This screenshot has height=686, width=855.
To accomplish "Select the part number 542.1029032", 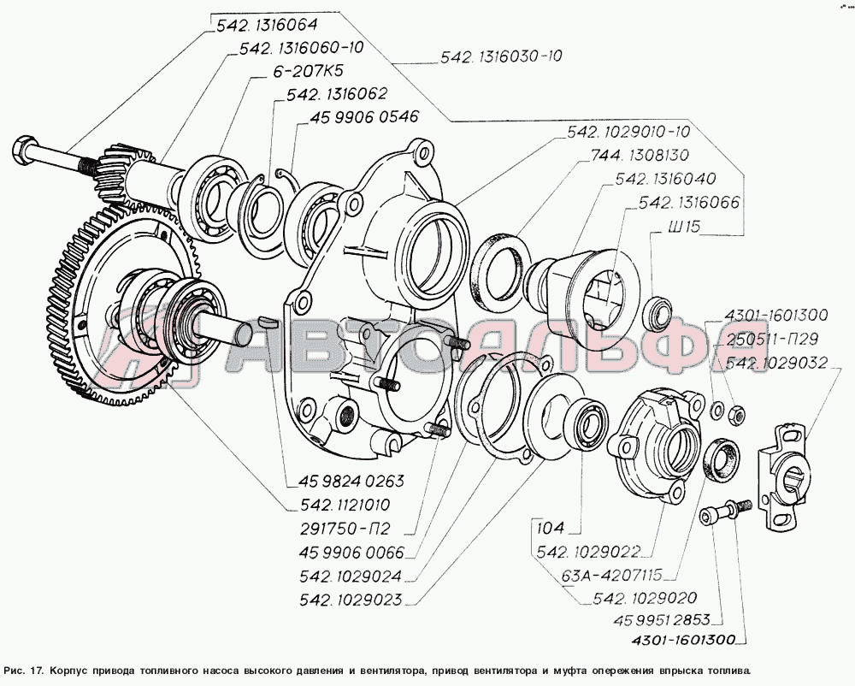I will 775,363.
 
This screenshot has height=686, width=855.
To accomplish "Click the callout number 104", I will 553,529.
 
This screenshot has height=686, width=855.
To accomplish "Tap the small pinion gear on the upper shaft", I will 112,172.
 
